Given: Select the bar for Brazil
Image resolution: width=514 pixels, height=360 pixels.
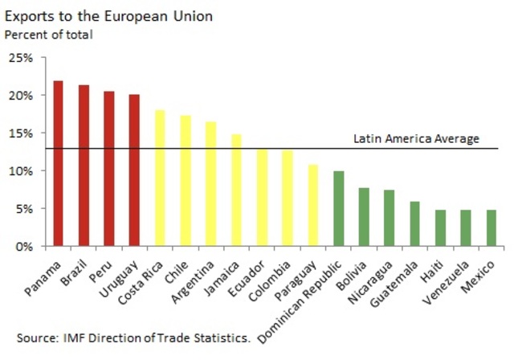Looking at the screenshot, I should pyautogui.click(x=84, y=166).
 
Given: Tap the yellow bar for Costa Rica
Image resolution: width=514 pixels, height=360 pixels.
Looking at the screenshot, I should pyautogui.click(x=160, y=178).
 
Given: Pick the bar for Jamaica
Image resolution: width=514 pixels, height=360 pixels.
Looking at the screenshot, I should pyautogui.click(x=236, y=190).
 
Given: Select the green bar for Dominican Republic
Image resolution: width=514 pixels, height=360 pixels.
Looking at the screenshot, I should pyautogui.click(x=338, y=208).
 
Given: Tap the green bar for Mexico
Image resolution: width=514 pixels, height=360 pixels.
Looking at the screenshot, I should pyautogui.click(x=491, y=227).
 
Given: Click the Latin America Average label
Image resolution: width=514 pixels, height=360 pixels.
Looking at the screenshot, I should pyautogui.click(x=416, y=139).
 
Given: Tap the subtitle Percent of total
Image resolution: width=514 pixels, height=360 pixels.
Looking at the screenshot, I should pyautogui.click(x=49, y=35).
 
